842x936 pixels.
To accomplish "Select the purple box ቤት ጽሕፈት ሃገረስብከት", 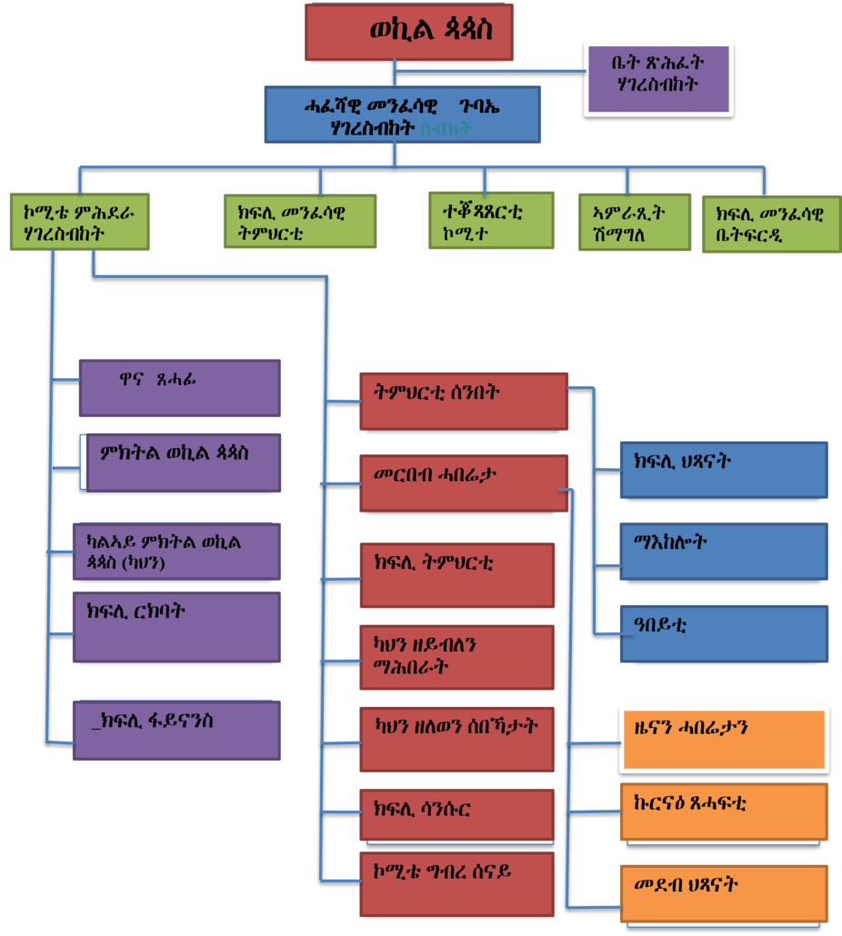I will click(x=658, y=78).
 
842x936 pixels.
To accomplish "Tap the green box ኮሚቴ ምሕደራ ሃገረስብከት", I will click(x=80, y=222).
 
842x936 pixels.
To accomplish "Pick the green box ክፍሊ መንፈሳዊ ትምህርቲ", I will click(x=300, y=222).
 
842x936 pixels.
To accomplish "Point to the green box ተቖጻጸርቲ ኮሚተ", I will click(x=491, y=220).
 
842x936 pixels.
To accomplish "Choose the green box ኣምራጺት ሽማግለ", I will click(x=634, y=222).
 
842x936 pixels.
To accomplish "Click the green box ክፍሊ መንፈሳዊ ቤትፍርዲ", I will click(x=771, y=223).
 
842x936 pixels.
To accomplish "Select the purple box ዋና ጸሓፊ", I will click(x=180, y=388).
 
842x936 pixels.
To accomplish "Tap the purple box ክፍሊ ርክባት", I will click(x=177, y=626).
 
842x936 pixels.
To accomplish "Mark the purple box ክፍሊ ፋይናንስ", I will click(x=177, y=731).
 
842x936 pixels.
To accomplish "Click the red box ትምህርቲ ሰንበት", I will click(x=464, y=401).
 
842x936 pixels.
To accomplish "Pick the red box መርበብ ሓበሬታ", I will click(x=464, y=482).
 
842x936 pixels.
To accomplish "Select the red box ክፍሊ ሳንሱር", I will click(x=457, y=813).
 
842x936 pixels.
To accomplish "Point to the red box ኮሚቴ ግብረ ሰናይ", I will click(x=457, y=882).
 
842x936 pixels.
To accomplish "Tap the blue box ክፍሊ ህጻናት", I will click(x=724, y=470).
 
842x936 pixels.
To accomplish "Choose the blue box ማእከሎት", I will click(x=724, y=551).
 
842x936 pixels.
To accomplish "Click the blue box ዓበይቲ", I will click(x=724, y=632).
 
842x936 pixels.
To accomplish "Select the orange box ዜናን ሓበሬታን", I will click(x=724, y=739).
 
